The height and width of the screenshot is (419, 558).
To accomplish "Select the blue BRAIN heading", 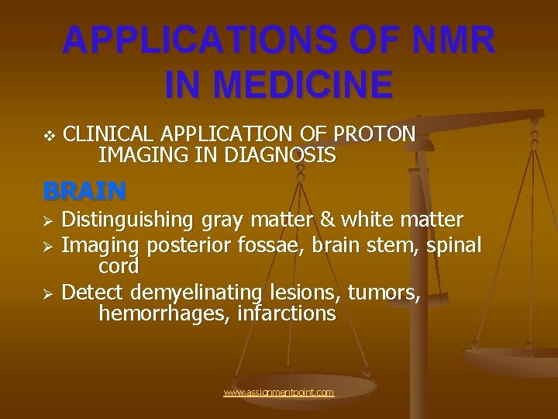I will click(x=84, y=190).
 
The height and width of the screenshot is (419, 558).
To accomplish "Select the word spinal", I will click(x=453, y=246).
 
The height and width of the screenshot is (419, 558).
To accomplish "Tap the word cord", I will click(x=119, y=267).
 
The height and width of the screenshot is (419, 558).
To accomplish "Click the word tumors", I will click(x=384, y=293).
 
